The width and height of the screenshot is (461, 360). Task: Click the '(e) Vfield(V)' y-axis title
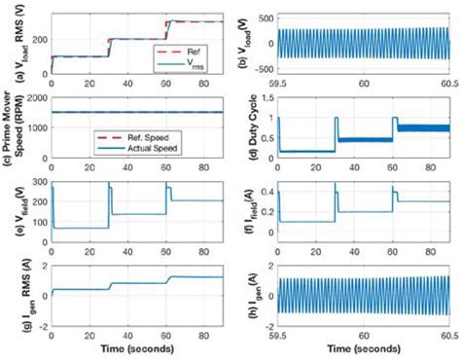[x=13, y=208]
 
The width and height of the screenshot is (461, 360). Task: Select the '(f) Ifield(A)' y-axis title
[x=244, y=208]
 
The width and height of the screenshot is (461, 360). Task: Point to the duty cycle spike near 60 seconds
[x=394, y=119]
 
